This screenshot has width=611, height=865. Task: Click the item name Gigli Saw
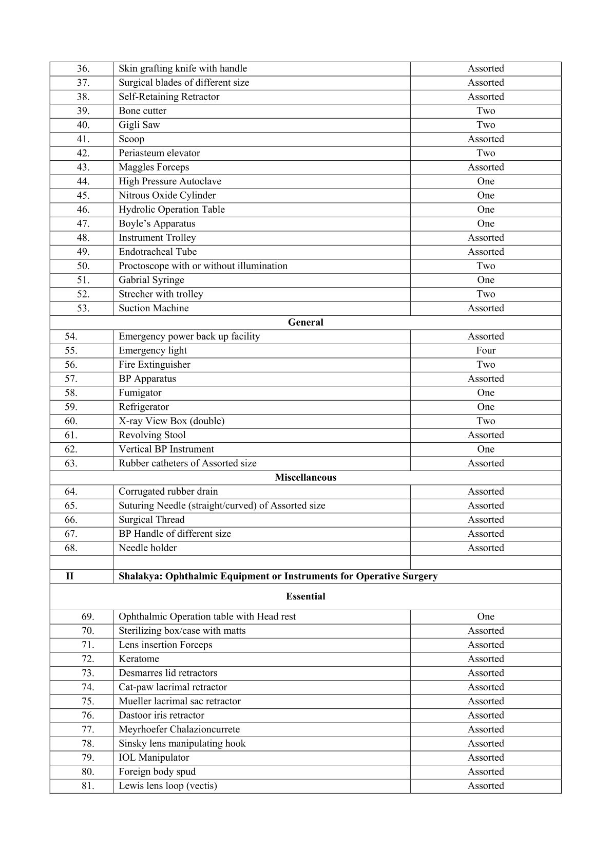139,125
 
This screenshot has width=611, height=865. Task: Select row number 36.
83,68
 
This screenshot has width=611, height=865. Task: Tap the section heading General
305,322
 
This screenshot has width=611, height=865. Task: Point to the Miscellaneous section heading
305,477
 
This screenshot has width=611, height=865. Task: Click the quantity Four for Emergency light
485,350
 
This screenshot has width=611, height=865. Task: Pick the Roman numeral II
70,576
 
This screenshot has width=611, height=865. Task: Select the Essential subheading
305,596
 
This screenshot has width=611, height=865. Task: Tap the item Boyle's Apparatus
157,223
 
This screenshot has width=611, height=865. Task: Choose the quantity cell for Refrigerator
485,407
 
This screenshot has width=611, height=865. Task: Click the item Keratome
139,659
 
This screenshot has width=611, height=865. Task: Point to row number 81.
88,785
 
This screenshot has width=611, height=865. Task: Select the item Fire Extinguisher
154,365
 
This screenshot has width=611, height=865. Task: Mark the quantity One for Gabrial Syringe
485,280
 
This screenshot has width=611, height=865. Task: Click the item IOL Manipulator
154,757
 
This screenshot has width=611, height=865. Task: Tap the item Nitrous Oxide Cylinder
167,195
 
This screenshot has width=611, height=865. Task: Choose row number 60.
71,421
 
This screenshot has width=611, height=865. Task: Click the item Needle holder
147,548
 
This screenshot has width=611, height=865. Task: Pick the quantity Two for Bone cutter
485,111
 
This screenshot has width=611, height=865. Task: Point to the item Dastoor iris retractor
161,715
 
